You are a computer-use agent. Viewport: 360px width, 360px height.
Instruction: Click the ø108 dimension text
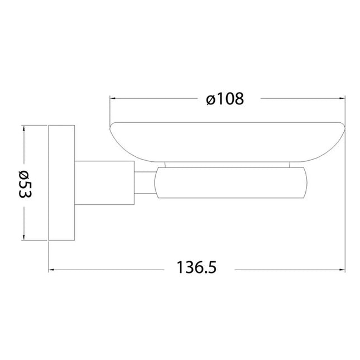click(x=225, y=99)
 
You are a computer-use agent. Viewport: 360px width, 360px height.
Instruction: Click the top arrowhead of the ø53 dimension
click(x=23, y=128)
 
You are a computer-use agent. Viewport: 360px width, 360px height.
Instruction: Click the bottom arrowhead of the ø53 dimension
click(x=23, y=240)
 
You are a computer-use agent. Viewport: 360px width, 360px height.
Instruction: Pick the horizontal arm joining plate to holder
click(x=105, y=184)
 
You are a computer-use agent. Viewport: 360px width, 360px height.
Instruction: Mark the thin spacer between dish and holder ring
click(x=229, y=165)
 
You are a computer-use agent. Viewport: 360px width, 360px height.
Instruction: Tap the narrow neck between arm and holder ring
click(x=144, y=184)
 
